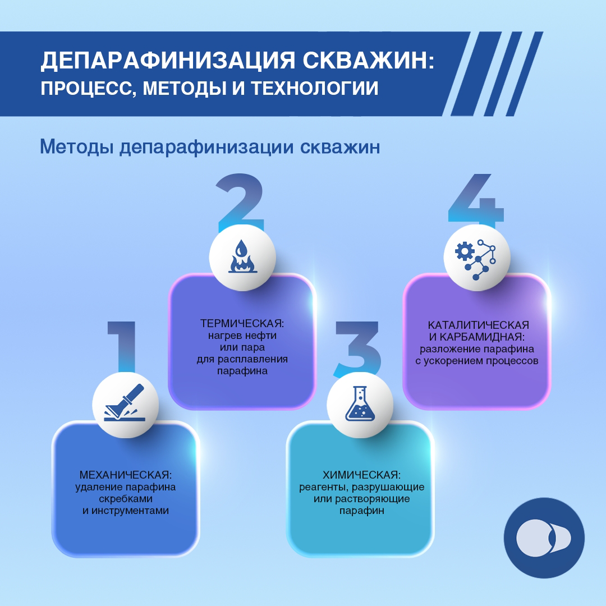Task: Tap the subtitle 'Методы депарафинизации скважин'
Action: click(x=210, y=147)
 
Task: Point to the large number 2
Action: click(x=240, y=202)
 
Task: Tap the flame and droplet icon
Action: click(x=242, y=257)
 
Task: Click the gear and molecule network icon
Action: click(x=476, y=257)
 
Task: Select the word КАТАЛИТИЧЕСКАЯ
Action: click(x=478, y=325)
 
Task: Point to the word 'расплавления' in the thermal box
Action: click(x=261, y=359)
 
